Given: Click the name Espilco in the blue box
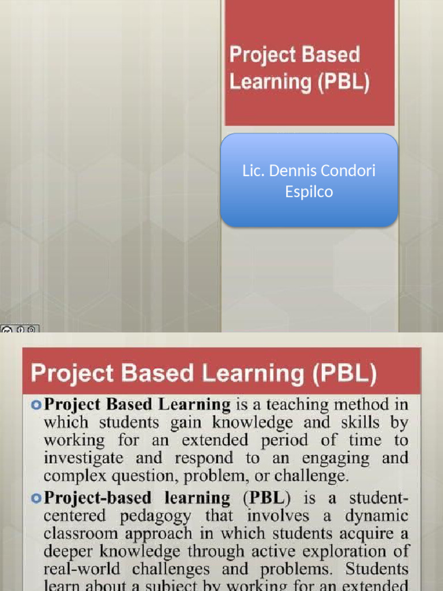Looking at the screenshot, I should (x=309, y=192).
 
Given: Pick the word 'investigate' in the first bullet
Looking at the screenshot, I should (x=84, y=459).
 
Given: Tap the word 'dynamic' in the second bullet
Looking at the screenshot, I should (x=376, y=515).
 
